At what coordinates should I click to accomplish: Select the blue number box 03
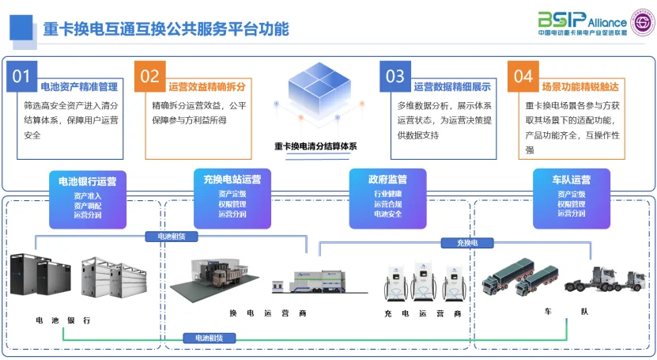pyautogui.click(x=395, y=76)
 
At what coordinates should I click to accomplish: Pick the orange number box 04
pyautogui.click(x=523, y=76)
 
